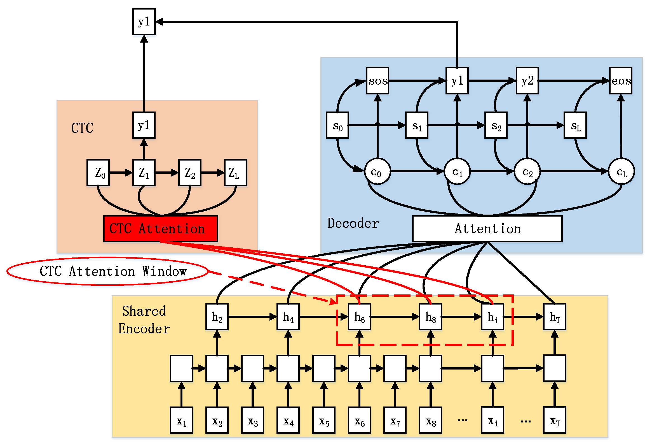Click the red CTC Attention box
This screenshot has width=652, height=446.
pos(160,229)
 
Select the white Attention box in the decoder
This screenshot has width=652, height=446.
pos(487,229)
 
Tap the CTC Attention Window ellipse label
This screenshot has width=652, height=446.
pos(107,271)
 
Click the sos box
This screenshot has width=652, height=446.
pos(377,81)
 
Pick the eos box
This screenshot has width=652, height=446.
pos(621,81)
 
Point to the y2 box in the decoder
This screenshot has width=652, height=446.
pos(527,81)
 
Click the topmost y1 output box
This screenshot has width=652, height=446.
pos(144,22)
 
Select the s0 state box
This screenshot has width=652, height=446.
pos(337,125)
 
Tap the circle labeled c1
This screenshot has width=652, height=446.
pos(457,171)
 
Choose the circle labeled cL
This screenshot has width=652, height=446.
pos(621,171)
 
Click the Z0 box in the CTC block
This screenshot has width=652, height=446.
pos(98,173)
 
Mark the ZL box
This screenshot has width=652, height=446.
pos(236,173)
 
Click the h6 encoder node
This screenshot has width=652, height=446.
pos(359,317)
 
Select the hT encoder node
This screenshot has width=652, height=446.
pos(554,317)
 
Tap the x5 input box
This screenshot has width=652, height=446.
pos(324,421)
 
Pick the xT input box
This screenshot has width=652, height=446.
pos(554,421)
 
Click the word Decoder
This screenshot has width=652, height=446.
pos(353,223)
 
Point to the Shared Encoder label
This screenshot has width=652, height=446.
pos(144,320)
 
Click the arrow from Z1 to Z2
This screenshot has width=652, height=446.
pos(167,173)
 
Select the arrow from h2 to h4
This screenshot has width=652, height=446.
pos(252,317)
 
